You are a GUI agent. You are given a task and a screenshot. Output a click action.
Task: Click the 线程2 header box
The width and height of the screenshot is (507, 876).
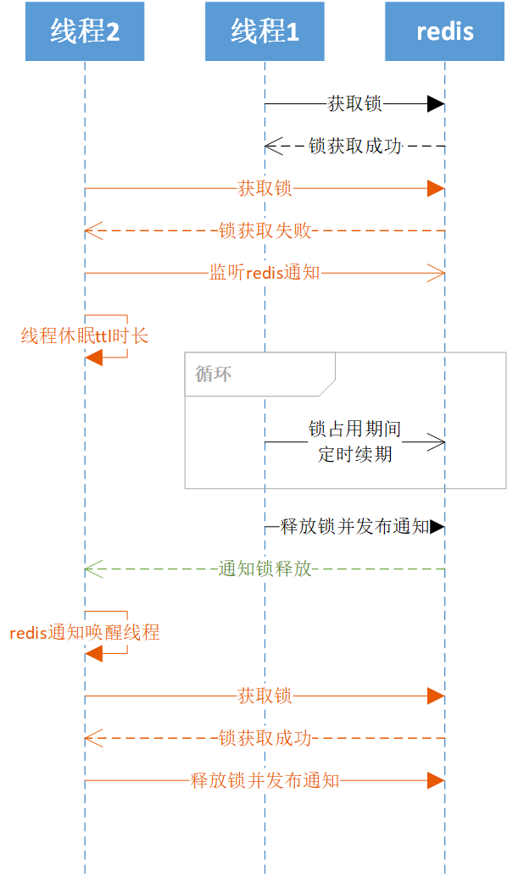click(x=85, y=31)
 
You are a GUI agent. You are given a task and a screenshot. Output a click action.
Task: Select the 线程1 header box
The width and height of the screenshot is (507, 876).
click(x=265, y=31)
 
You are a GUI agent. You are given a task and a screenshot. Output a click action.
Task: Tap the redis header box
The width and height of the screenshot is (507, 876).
click(x=445, y=31)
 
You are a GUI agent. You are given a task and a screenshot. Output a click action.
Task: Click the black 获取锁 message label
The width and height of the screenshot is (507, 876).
click(x=354, y=104)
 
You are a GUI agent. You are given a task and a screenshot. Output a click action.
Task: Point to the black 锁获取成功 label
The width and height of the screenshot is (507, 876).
click(x=354, y=146)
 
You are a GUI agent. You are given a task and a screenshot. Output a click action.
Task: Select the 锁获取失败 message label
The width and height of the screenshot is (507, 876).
click(x=265, y=230)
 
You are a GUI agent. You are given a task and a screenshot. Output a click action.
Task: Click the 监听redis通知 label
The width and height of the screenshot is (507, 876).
click(x=265, y=273)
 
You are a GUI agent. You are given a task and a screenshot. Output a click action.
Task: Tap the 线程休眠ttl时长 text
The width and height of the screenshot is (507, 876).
click(x=85, y=336)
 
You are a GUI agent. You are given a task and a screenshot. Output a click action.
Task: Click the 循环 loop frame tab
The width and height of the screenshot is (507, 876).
click(x=214, y=374)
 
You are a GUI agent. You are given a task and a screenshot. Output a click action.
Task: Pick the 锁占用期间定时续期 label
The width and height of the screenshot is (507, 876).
click(x=354, y=442)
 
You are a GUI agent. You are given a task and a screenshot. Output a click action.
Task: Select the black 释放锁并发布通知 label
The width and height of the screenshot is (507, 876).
click(x=354, y=527)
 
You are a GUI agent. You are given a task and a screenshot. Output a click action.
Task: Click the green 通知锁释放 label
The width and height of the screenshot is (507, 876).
click(x=265, y=569)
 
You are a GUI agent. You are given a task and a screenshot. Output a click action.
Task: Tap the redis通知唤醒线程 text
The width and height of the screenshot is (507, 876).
click(x=85, y=633)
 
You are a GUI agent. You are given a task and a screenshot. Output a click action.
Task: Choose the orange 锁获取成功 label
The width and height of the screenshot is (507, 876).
click(x=265, y=739)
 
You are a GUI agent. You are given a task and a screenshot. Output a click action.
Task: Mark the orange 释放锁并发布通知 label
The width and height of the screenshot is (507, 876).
click(x=265, y=781)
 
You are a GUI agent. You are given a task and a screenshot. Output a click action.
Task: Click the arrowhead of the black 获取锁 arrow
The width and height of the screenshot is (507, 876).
click(x=436, y=104)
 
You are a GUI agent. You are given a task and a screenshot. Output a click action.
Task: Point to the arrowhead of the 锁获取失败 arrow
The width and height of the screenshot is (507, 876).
click(x=92, y=230)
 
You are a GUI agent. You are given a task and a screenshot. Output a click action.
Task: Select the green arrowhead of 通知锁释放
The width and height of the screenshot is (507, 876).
click(x=92, y=569)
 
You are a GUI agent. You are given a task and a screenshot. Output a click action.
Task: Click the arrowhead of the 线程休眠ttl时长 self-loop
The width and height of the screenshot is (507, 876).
click(x=93, y=358)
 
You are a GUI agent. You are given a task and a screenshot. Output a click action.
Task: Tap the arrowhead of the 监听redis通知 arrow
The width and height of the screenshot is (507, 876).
click(x=436, y=273)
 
